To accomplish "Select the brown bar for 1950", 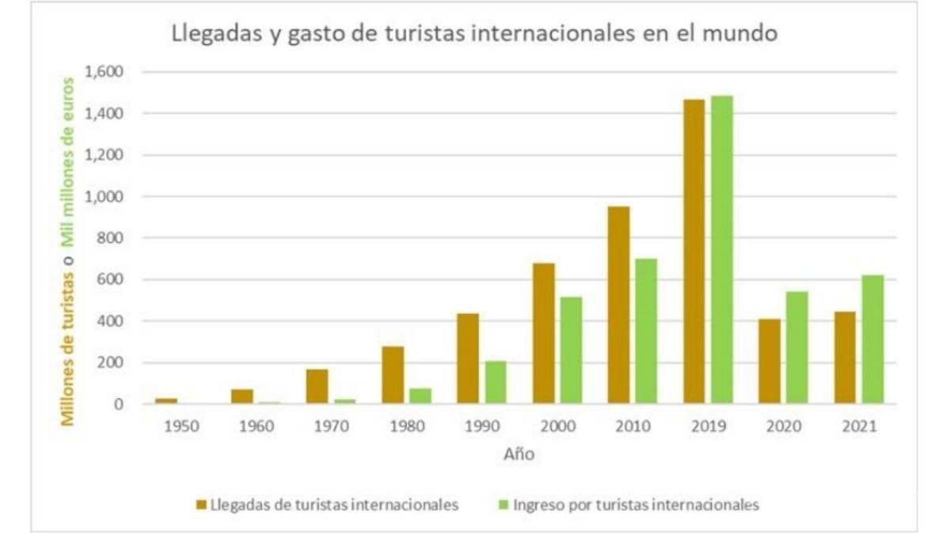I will (x=166, y=401).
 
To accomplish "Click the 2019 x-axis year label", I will (x=708, y=426).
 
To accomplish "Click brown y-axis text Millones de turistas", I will (x=70, y=347).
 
